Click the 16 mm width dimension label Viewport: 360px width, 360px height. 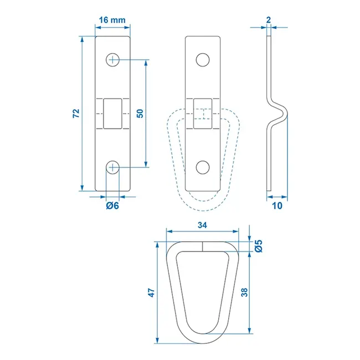pyautogui.click(x=111, y=20)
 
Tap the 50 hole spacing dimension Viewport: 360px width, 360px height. pyautogui.click(x=140, y=113)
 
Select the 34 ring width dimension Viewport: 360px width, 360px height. pyautogui.click(x=203, y=225)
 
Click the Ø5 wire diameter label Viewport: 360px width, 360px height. pyautogui.click(x=258, y=246)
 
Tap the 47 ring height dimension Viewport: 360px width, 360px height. pyautogui.click(x=151, y=293)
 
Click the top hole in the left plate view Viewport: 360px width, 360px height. pyautogui.click(x=113, y=60)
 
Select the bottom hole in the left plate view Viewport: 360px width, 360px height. pyautogui.click(x=113, y=166)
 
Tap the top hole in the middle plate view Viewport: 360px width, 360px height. pyautogui.click(x=203, y=60)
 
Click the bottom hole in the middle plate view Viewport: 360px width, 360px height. pyautogui.click(x=203, y=166)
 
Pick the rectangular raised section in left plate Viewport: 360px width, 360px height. pyautogui.click(x=113, y=113)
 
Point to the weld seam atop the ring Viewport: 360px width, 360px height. pyautogui.click(x=203, y=246)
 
